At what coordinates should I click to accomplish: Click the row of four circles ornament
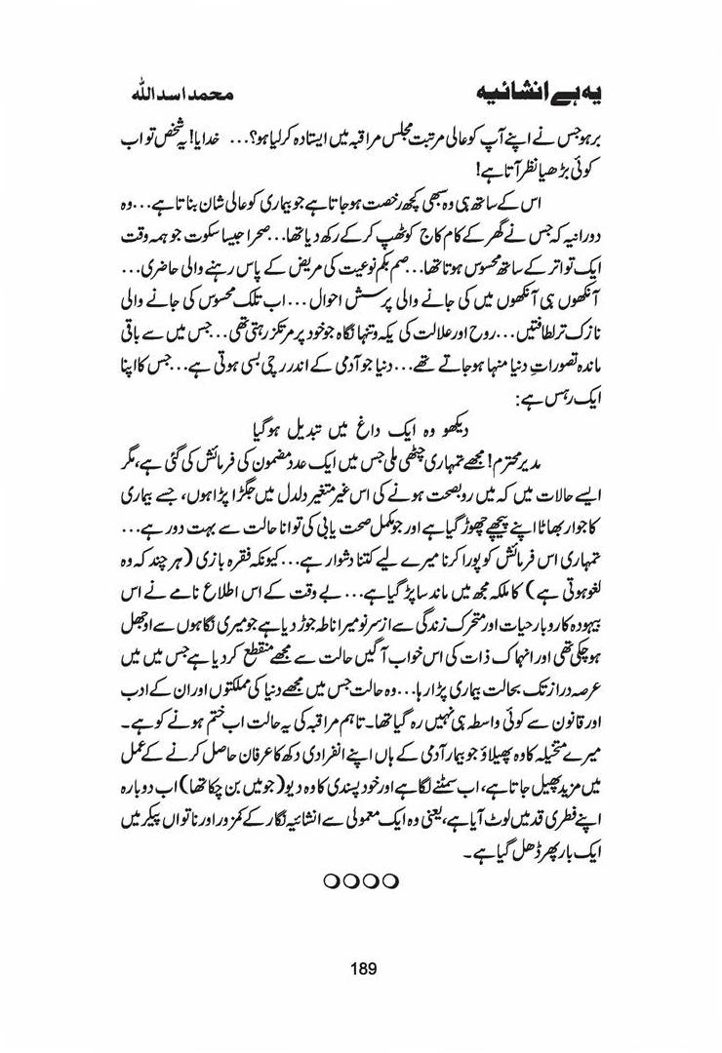point(361,880)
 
